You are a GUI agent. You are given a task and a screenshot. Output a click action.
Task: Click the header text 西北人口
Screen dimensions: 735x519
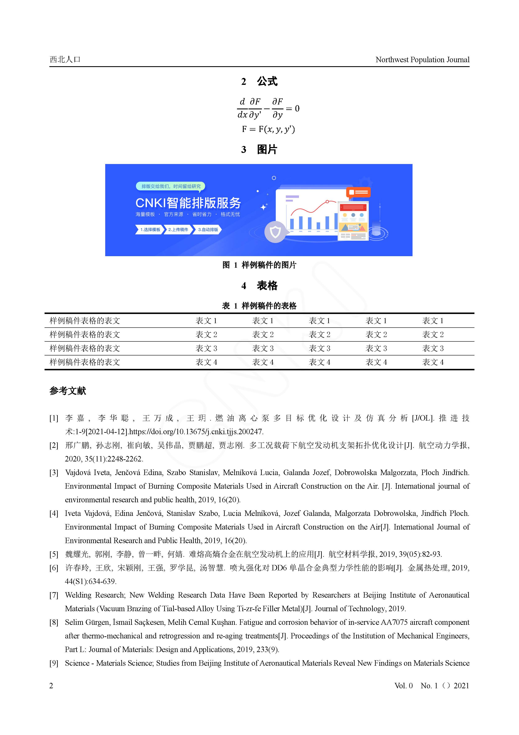(x=65, y=59)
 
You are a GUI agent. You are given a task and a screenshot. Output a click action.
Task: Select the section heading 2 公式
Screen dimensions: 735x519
(x=259, y=82)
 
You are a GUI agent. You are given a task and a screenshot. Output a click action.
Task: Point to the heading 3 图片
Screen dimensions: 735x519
(x=259, y=150)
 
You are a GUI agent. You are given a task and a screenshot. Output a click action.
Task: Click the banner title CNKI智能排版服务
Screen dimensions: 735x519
(x=188, y=203)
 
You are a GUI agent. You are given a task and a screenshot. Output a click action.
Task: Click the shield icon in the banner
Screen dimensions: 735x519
(x=275, y=232)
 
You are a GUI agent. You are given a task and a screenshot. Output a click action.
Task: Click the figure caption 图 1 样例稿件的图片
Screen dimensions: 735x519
(x=259, y=265)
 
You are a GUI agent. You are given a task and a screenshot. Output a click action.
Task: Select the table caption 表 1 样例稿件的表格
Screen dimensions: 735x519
(x=259, y=306)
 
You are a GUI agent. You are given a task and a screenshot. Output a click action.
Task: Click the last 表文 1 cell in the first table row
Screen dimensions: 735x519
(x=433, y=321)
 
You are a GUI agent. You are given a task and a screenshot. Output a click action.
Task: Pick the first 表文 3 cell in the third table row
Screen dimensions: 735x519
(x=206, y=348)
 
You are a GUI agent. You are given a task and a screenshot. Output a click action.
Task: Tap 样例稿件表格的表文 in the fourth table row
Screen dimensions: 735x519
(x=85, y=362)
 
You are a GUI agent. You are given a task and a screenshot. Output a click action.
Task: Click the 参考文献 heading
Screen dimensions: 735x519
(x=68, y=391)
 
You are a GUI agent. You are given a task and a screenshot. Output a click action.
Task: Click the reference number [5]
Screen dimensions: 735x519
(x=54, y=554)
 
